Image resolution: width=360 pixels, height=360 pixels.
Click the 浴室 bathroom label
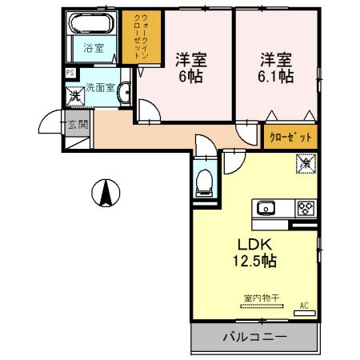tap(94, 48)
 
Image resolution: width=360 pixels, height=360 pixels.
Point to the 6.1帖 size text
tap(274, 77)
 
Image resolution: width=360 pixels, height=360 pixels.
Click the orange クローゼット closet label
tap(290, 137)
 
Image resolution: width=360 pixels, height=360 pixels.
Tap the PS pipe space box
tap(70, 74)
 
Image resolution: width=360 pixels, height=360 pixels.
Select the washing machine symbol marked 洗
tap(74, 96)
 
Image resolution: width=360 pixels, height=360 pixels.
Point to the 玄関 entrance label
tap(78, 124)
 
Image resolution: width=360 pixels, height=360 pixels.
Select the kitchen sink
tap(266, 210)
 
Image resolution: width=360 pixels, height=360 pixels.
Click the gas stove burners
tap(305, 210)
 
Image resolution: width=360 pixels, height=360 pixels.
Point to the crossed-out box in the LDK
tap(305, 163)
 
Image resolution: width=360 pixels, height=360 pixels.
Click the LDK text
tap(254, 244)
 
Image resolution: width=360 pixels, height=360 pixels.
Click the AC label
tap(304, 306)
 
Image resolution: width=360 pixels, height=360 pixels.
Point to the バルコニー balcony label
tap(254, 337)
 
